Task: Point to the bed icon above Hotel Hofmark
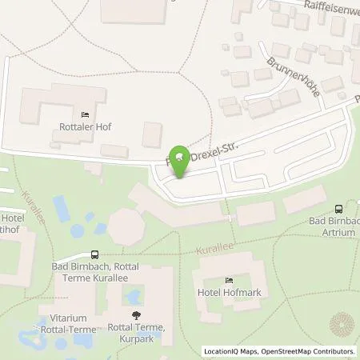pos(229,279)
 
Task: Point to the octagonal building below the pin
pos(128,227)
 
